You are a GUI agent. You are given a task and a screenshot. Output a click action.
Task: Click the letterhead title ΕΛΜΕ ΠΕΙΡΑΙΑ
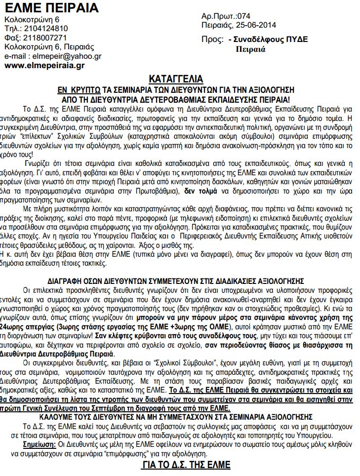51,8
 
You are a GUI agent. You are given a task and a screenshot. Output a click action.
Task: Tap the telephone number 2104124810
46,29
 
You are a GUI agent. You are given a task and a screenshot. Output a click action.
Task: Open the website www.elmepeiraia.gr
44,65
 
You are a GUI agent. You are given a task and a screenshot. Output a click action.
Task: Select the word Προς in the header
211,40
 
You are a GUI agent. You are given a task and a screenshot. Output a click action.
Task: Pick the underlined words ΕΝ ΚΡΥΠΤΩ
79,89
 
